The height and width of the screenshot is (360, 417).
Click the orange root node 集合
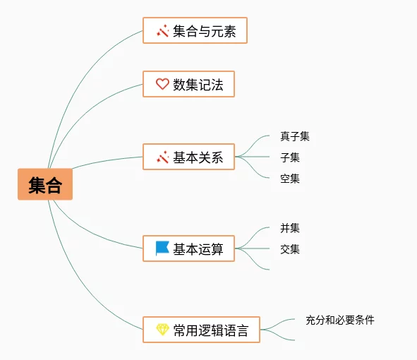[x=45, y=184]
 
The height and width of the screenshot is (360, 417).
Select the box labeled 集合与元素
[x=195, y=30]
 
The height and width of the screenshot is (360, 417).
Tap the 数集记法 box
[x=188, y=84]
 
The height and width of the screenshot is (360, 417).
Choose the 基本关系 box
[x=188, y=157]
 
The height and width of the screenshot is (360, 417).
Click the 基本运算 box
[x=188, y=248]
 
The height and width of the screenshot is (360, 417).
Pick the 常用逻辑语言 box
[x=201, y=330]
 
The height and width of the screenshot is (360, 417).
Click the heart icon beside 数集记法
[x=162, y=84]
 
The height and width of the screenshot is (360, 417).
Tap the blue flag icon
[x=162, y=248]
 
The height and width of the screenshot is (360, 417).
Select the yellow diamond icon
[x=162, y=330]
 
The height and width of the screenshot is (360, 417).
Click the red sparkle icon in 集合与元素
[x=163, y=30]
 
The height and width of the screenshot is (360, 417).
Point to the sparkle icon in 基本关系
[x=163, y=157]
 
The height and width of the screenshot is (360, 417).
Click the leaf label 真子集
[x=295, y=136]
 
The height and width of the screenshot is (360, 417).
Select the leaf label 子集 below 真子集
[x=290, y=157]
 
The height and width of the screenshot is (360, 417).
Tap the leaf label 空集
[x=290, y=179]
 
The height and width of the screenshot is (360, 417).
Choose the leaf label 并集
[x=290, y=228]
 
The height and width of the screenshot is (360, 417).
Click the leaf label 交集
[x=290, y=249]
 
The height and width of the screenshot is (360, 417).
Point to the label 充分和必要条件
[x=340, y=320]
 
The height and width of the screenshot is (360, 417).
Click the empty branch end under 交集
[x=269, y=270]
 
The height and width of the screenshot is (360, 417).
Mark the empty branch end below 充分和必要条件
[x=294, y=340]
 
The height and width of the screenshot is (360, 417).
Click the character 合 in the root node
[x=54, y=185]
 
